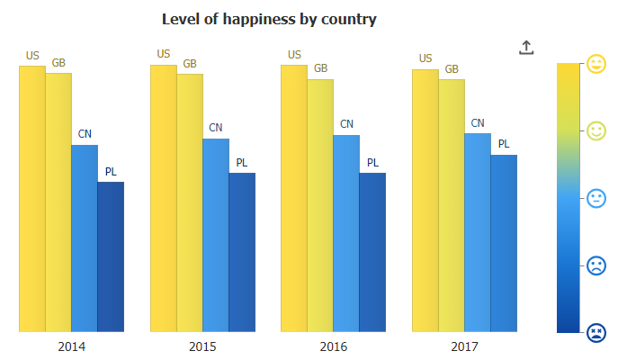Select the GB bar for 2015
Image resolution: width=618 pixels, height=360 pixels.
190,202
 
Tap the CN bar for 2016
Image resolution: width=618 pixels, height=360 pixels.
346,233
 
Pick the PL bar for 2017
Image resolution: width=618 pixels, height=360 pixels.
504,243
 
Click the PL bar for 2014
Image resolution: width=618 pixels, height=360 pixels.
111,256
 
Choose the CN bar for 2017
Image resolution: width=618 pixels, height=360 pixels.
478,232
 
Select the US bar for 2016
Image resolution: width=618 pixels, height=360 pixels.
294,198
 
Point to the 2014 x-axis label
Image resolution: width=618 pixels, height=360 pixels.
72,346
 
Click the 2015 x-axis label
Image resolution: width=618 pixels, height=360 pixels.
202,346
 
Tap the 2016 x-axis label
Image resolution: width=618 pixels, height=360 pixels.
334,346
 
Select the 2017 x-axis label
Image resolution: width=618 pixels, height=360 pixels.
464,346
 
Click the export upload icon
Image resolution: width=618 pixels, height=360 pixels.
526,48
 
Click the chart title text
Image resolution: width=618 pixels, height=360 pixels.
269,19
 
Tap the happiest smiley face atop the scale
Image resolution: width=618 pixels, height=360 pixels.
596,63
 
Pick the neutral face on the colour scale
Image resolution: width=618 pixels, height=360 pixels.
596,198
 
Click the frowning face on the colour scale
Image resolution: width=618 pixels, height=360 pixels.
596,265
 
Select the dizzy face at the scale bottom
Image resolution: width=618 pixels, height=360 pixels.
596,333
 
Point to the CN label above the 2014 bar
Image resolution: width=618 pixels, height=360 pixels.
85,134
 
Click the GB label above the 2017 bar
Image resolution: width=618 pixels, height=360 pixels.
452,68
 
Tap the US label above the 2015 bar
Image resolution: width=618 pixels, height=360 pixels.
164,54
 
